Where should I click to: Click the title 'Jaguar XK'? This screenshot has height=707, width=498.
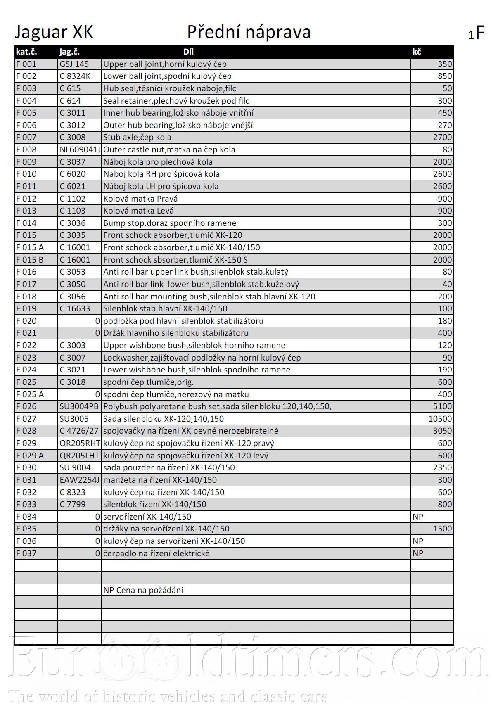54,32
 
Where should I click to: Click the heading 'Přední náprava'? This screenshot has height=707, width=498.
249,32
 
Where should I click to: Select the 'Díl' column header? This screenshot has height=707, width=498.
188,52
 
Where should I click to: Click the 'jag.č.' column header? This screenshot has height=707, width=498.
69,52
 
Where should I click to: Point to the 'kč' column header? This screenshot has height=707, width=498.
417,52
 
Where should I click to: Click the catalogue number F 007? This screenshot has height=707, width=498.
26,137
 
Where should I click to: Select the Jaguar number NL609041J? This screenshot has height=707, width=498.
80,149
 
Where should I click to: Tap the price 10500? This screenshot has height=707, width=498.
440,419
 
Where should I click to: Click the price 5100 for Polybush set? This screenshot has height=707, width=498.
442,406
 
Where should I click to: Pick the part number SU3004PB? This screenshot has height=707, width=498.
79,406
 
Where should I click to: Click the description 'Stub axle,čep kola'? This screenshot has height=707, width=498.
137,137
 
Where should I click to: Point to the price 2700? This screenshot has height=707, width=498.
442,137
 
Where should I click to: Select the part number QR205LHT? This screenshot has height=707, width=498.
79,456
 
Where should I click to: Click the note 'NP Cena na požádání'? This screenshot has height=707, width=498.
143,590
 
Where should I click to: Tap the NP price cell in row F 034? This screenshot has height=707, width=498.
418,517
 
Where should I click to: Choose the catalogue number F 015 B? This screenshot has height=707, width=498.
30,260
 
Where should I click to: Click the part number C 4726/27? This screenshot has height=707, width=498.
79,431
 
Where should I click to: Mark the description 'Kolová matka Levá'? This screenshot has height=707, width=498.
138,211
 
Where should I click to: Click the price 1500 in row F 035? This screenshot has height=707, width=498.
442,529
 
